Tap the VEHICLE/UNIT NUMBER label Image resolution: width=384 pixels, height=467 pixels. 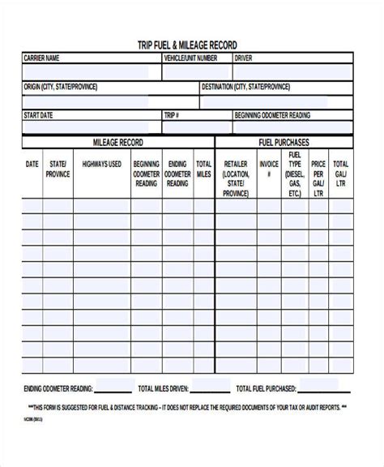coord(190,58)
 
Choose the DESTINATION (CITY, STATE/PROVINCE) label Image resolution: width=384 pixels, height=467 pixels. coord(246,87)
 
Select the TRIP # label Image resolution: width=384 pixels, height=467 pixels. coord(172,115)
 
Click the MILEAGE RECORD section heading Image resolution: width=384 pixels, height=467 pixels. coord(118,143)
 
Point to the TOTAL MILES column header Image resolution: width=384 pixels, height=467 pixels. coord(203,169)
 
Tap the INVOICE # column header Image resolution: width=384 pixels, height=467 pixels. coord(268,169)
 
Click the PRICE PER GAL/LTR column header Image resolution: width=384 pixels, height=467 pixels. coord(318,174)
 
